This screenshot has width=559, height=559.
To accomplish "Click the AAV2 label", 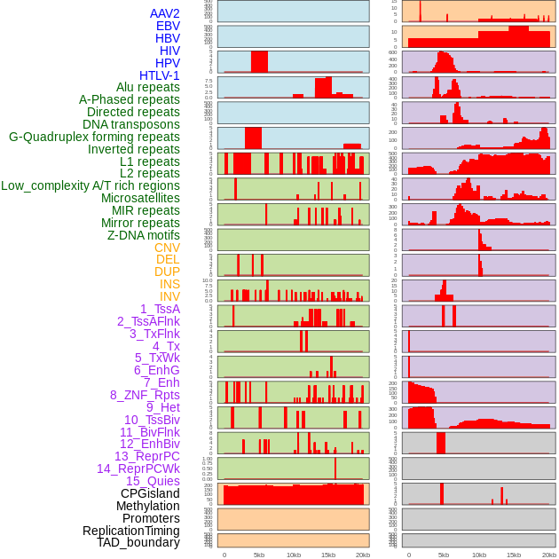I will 165,13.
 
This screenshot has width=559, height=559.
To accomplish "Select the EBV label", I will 168,26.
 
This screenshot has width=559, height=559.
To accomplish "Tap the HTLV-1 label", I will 160,75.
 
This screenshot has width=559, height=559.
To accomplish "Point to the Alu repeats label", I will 148,87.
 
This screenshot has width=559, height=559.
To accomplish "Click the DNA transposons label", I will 131,124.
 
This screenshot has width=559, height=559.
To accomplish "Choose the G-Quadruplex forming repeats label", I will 94,137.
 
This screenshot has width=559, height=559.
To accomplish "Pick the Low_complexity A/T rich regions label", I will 91,185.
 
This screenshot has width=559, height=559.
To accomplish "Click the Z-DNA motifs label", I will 144,235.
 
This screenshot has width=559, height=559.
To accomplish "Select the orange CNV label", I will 167,248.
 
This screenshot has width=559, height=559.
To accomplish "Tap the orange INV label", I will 169,296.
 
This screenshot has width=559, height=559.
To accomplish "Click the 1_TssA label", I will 160,309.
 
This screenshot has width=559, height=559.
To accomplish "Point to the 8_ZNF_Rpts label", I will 145,395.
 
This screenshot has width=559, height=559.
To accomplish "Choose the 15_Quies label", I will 153,481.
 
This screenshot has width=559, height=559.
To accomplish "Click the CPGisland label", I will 150,493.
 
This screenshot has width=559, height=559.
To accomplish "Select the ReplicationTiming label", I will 130,531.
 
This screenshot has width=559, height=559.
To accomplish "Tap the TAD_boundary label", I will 138,542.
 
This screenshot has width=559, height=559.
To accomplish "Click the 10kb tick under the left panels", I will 293,555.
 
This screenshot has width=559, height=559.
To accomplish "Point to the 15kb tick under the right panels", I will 513,555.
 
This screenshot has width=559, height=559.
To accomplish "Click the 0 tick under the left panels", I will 224,555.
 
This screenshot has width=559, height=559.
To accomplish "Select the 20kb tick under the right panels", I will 547,555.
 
